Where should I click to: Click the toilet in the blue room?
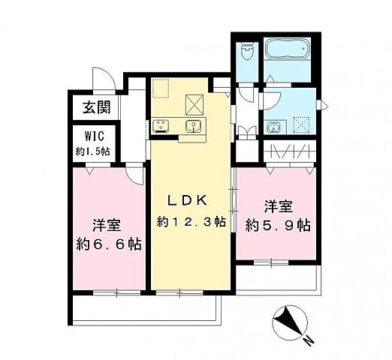246,55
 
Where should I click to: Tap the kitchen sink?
194,125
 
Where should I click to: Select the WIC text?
94,137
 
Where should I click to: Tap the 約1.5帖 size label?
94,151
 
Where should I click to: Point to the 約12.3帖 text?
191,222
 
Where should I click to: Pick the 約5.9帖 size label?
279,224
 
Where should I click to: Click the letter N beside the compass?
308,341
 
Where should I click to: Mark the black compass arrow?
287,322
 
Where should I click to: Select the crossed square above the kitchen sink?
194,100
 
